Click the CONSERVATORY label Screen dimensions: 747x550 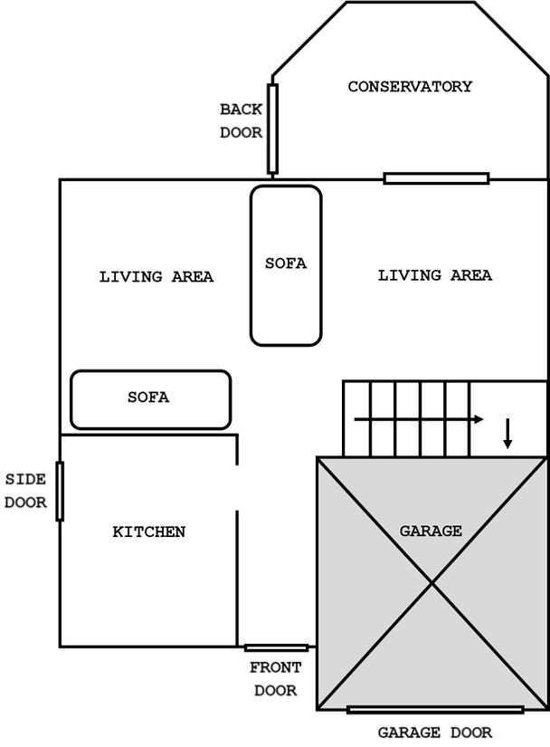(410, 87)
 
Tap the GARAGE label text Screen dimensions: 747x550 (431, 532)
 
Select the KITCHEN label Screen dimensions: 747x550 (148, 532)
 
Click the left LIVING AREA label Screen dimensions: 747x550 (156, 277)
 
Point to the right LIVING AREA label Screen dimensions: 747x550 (435, 275)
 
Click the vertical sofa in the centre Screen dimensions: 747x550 (286, 265)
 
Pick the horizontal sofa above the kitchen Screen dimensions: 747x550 (150, 399)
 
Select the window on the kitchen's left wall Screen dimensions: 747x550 (61, 491)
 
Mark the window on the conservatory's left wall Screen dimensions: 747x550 (273, 128)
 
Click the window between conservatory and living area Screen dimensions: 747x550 (436, 178)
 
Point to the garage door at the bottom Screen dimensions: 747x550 (435, 707)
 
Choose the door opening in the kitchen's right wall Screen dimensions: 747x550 (237, 488)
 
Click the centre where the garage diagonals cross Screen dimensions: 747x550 (432, 583)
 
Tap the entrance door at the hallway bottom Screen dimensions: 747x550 (276, 646)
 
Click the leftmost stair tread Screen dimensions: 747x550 (356, 418)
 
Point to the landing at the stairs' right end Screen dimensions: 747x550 (508, 418)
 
